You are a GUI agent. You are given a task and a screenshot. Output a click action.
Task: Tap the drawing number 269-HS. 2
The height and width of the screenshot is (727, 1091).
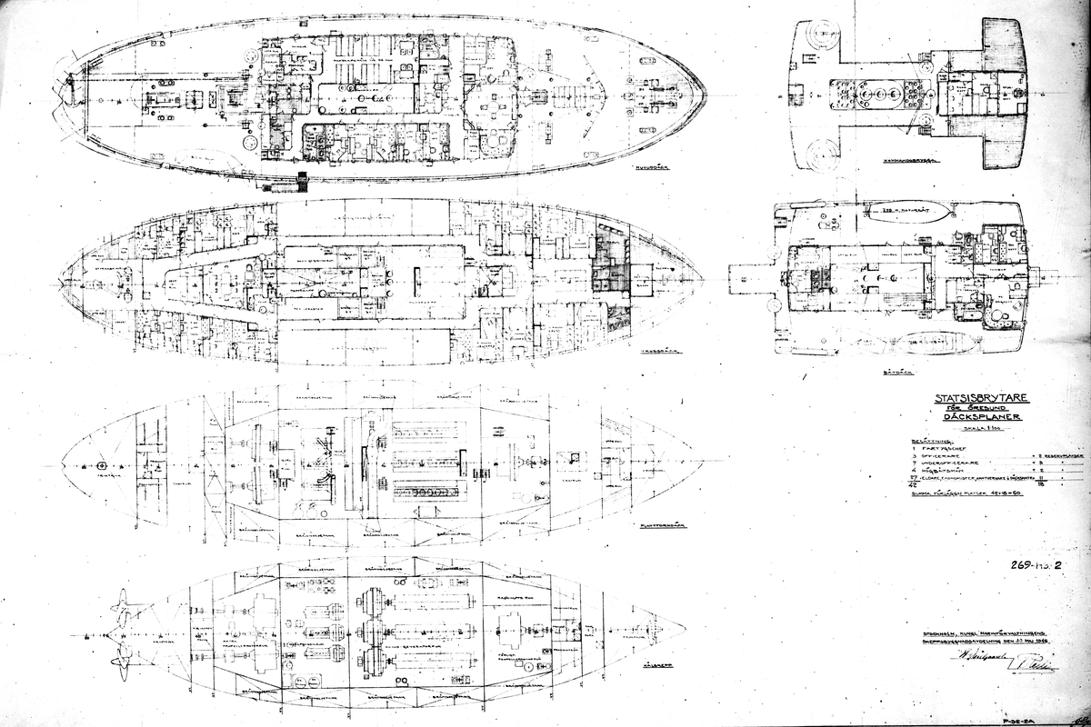[1034, 564]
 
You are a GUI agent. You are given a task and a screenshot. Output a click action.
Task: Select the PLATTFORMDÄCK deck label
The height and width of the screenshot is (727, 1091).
[662, 525]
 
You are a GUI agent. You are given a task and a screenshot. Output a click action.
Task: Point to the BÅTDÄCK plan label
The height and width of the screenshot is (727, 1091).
[872, 371]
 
